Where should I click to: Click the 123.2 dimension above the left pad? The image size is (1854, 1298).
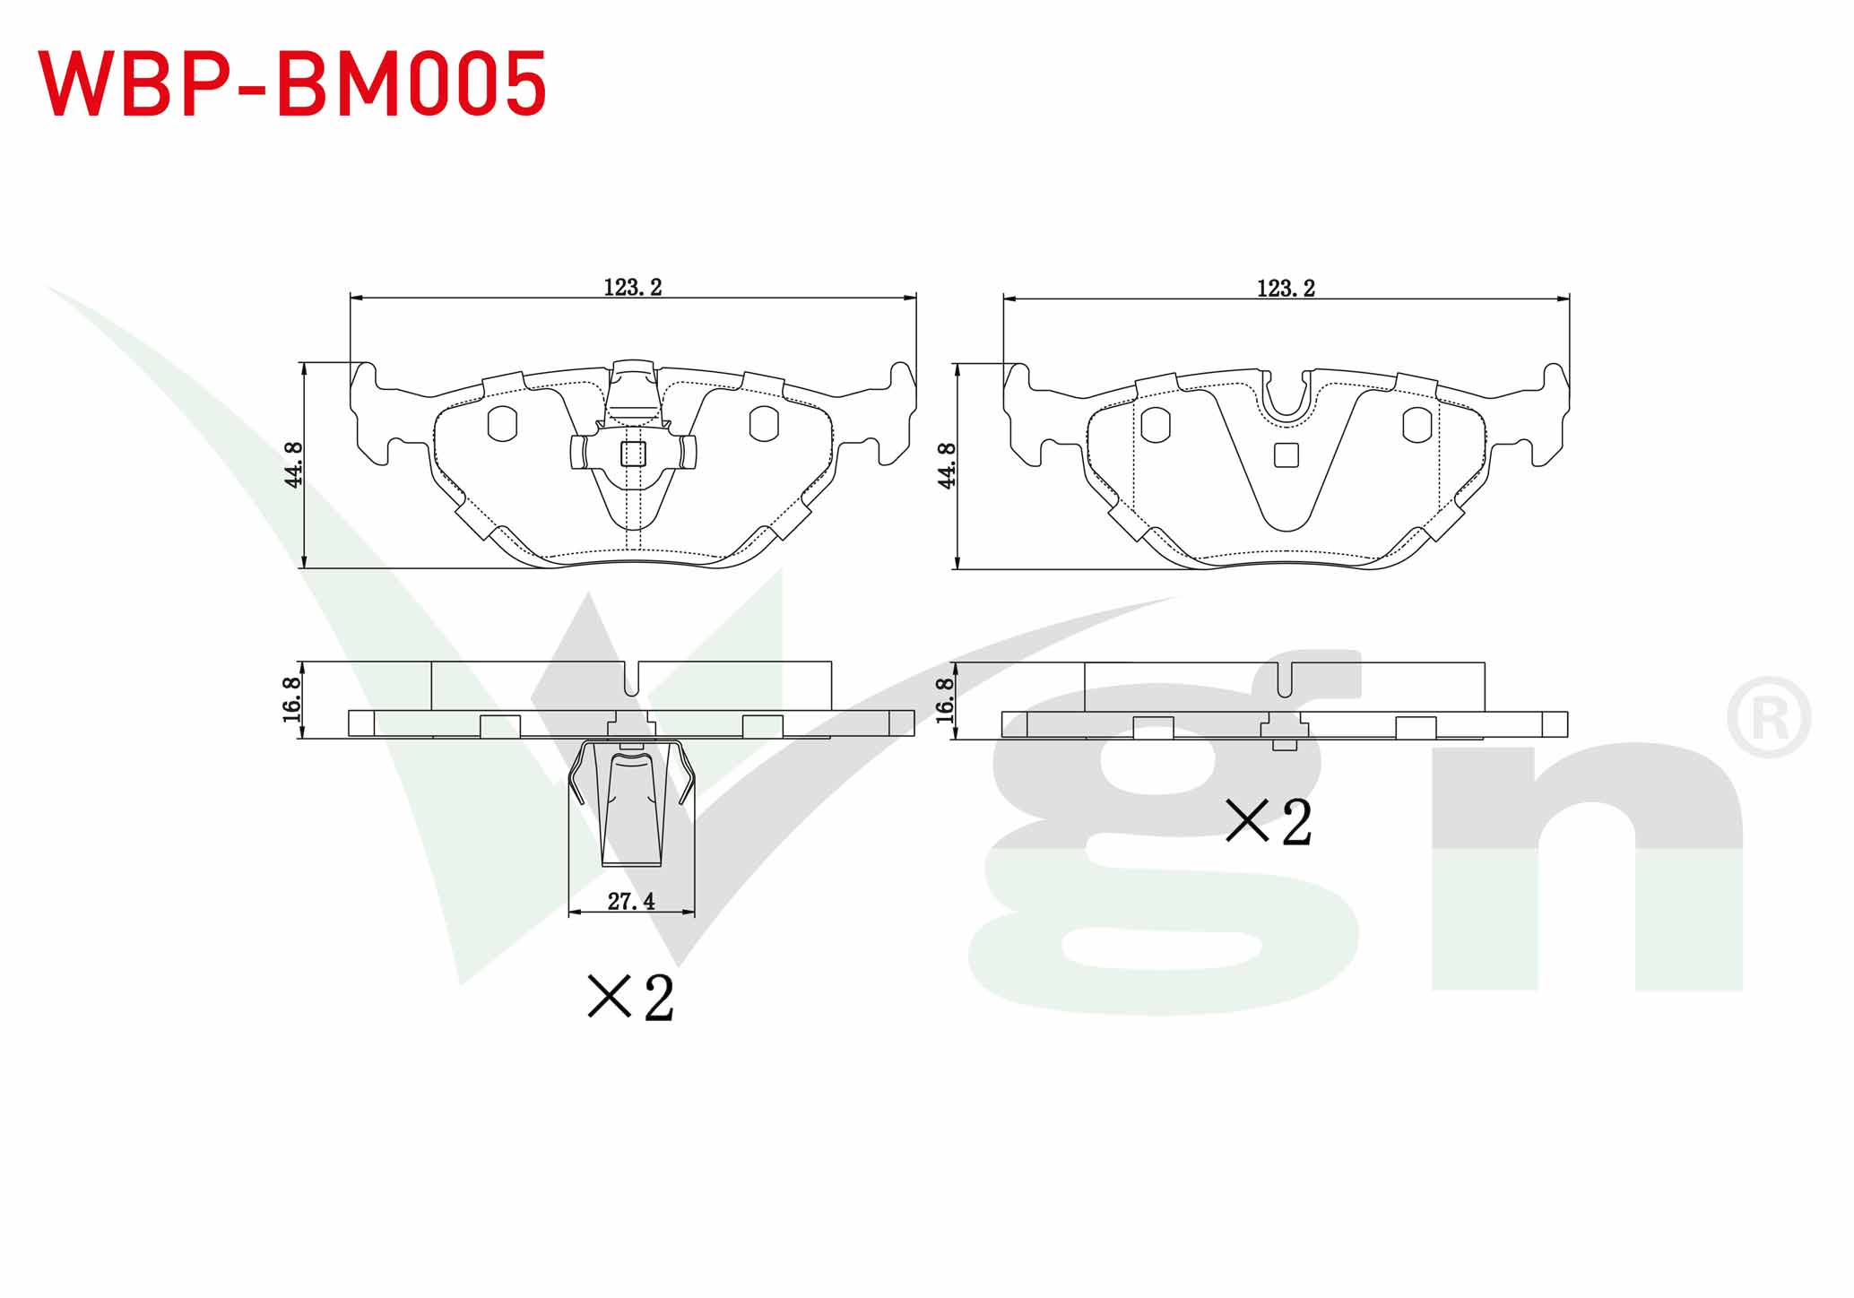tap(632, 288)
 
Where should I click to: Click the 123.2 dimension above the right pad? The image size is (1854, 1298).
tap(1286, 289)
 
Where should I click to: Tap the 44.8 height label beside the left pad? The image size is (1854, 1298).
tap(294, 464)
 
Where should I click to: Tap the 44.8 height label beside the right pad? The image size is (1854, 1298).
tap(948, 465)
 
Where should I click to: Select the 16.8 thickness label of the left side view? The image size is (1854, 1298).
tap(292, 700)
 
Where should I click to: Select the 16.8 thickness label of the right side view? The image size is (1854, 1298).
tap(945, 700)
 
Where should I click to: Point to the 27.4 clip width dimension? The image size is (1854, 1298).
tap(631, 902)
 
